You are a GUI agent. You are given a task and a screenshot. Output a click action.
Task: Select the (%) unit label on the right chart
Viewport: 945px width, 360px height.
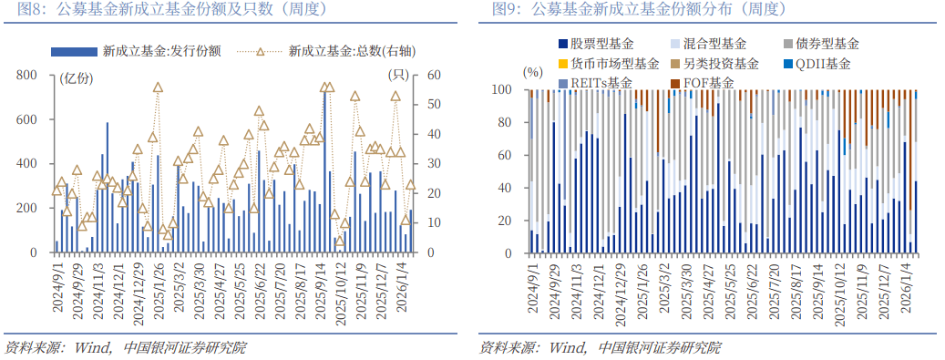[x=532, y=71]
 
